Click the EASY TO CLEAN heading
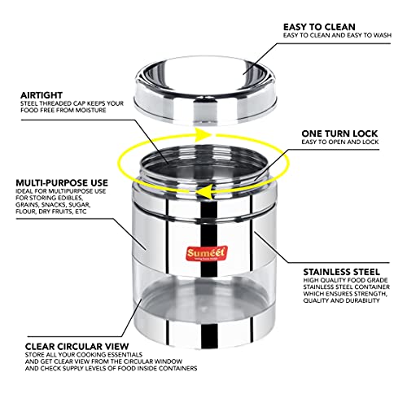[319, 27]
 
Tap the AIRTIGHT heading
[42, 95]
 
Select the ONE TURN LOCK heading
[339, 133]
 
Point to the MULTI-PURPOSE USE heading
[62, 182]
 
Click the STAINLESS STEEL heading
[342, 272]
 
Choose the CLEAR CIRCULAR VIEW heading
[77, 347]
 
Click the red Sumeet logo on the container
[207, 254]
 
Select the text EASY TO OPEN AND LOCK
[340, 142]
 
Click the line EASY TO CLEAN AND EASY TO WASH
[337, 35]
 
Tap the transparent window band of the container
[204, 295]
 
